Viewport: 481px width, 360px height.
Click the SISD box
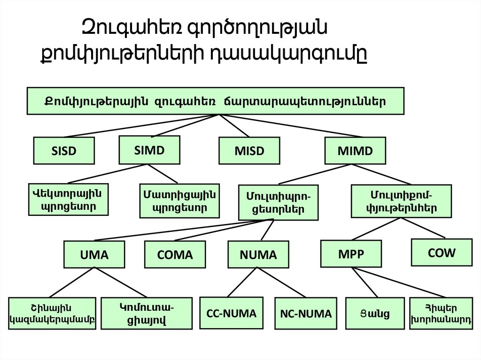(x=64, y=151)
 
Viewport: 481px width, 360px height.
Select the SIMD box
(x=149, y=150)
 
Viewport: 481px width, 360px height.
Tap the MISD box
(x=249, y=151)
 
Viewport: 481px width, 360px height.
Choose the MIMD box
(x=355, y=151)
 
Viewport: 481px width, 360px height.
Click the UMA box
(x=94, y=254)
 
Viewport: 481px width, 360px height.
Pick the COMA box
(x=175, y=254)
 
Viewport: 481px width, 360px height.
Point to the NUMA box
(x=258, y=254)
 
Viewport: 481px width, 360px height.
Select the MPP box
(x=351, y=253)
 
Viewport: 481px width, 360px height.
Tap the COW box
(x=442, y=253)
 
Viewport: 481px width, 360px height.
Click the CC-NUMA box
(x=232, y=313)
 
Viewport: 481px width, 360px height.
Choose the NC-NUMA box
(x=306, y=314)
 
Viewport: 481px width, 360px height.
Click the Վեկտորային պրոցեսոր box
(x=69, y=199)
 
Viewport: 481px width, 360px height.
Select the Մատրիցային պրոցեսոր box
(x=179, y=201)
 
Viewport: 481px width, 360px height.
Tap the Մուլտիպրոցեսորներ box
(x=278, y=202)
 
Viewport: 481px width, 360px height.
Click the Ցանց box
(x=374, y=314)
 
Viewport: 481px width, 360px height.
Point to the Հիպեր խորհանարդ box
(x=441, y=314)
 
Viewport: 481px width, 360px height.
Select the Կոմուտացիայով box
(x=147, y=314)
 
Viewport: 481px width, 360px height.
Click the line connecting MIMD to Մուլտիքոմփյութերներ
(x=383, y=174)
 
